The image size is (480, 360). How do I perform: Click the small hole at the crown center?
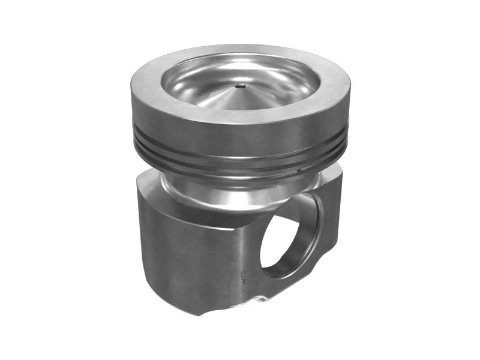click(239, 86)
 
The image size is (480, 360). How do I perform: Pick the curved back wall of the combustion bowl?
click(240, 65)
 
